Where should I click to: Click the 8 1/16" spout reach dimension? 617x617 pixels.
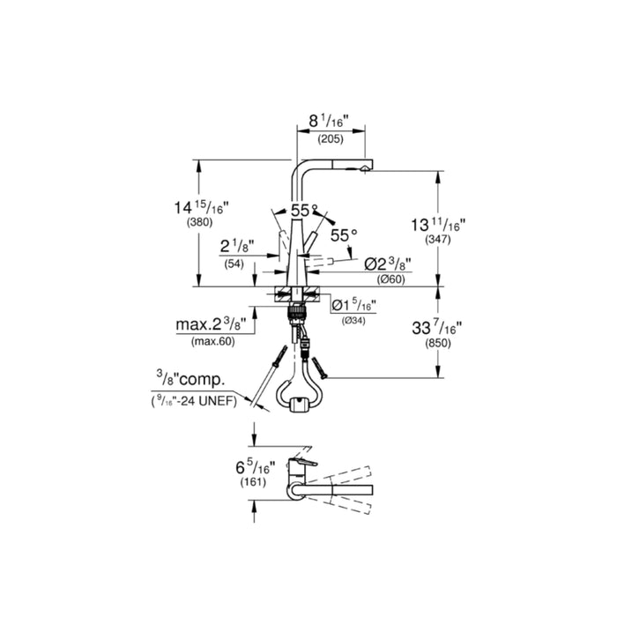[329, 122]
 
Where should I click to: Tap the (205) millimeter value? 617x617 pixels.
[331, 139]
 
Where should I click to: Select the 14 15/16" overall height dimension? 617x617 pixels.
[202, 208]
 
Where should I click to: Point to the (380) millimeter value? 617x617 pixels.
[199, 223]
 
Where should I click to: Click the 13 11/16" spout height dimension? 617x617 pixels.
[438, 225]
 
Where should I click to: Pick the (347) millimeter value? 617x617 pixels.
[437, 240]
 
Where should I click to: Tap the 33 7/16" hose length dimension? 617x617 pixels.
[437, 327]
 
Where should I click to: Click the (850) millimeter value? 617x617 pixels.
[437, 343]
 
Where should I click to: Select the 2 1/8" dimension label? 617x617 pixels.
[237, 247]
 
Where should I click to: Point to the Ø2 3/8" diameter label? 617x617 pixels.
[388, 264]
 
